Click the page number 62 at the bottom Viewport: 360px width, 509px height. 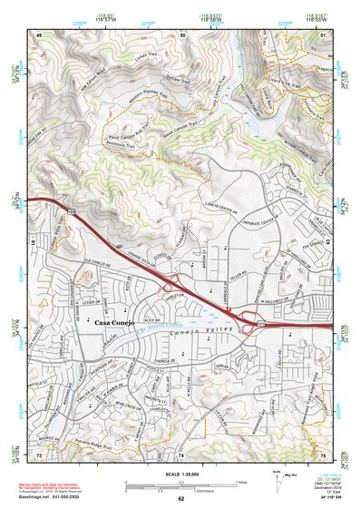tap(180, 498)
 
